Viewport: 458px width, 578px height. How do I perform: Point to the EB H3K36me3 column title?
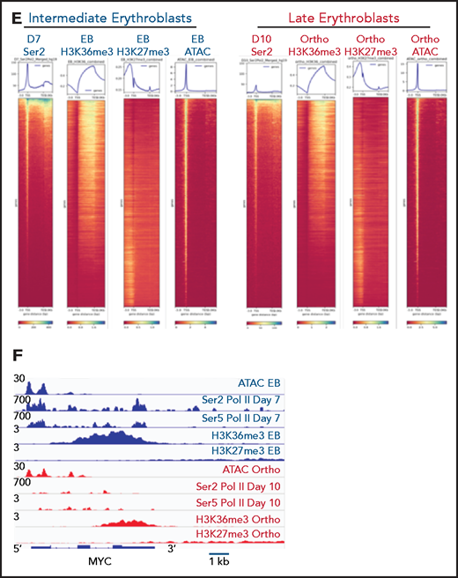[87, 45]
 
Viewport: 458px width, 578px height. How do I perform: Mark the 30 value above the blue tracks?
[18, 379]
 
